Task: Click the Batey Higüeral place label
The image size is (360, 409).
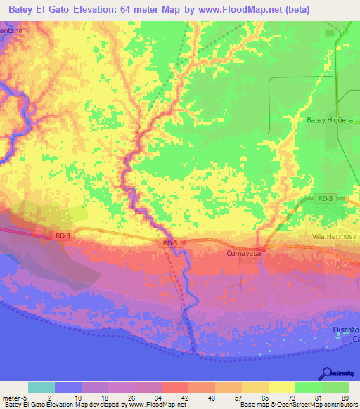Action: pos(328,120)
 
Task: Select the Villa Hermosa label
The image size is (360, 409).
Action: pos(335,238)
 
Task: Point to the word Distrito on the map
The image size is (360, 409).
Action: pos(345,330)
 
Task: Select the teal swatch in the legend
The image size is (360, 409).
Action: pos(41,387)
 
